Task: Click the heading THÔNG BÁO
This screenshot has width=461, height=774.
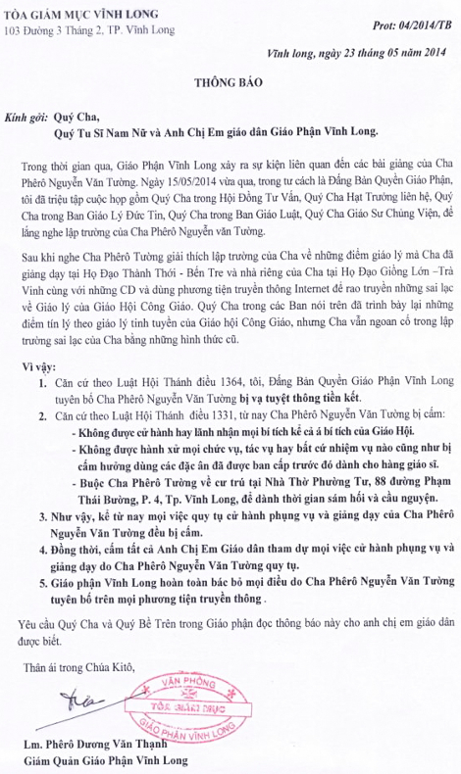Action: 231,86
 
